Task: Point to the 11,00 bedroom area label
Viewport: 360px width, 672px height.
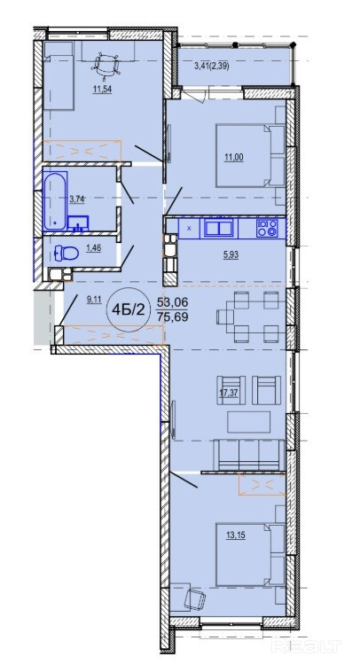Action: pyautogui.click(x=233, y=157)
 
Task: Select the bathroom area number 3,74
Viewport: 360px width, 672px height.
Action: pyautogui.click(x=77, y=198)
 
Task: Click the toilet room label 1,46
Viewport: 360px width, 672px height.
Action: pyautogui.click(x=93, y=247)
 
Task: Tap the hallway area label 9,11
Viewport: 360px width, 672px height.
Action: pyautogui.click(x=93, y=300)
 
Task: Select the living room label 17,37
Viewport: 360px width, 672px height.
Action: pyautogui.click(x=229, y=394)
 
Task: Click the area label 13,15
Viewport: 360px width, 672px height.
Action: pyautogui.click(x=234, y=535)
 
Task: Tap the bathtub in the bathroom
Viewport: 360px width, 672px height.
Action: pyautogui.click(x=55, y=200)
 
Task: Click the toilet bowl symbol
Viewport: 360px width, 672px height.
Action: pyautogui.click(x=67, y=254)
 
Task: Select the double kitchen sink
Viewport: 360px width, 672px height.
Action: pyautogui.click(x=219, y=228)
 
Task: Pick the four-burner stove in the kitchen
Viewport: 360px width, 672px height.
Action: pyautogui.click(x=268, y=227)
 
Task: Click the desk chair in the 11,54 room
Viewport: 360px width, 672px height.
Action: pyautogui.click(x=106, y=65)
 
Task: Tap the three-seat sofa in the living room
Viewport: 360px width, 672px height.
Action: pyautogui.click(x=249, y=455)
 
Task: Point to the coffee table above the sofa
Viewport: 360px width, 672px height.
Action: pyautogui.click(x=249, y=422)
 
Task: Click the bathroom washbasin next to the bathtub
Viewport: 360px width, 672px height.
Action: pyautogui.click(x=78, y=223)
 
